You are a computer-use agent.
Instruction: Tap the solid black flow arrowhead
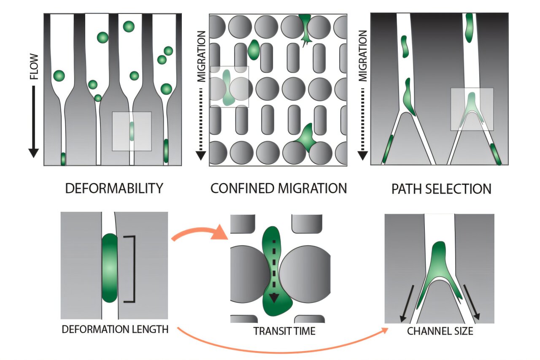tap(34, 152)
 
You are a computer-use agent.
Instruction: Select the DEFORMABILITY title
tap(114, 188)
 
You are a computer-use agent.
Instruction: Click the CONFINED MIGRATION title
tap(278, 188)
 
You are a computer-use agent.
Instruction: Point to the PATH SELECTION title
tap(441, 189)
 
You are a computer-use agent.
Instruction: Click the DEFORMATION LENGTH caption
tap(115, 329)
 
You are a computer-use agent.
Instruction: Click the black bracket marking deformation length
tap(131, 269)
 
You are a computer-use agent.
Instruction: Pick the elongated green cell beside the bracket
tap(110, 268)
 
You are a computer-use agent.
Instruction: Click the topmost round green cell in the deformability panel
tap(129, 27)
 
